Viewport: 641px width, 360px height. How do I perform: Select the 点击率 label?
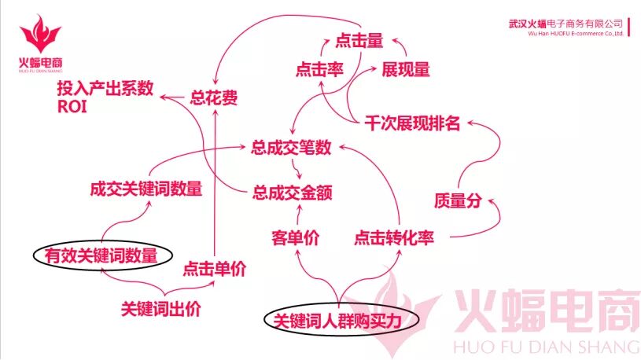[321, 70]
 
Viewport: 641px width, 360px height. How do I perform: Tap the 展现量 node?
[406, 70]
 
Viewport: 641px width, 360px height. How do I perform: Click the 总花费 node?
[214, 98]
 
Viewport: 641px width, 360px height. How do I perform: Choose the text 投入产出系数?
[105, 89]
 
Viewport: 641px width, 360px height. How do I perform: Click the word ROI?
[71, 108]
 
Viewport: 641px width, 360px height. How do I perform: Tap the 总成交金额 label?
[290, 190]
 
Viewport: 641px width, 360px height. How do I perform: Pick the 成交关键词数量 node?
[146, 189]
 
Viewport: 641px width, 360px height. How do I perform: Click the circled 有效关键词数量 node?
[100, 255]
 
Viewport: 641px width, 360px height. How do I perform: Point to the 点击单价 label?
[215, 269]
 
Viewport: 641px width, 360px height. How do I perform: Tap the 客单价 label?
[295, 238]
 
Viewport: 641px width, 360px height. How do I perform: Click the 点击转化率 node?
[394, 238]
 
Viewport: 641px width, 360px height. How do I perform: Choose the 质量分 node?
[457, 200]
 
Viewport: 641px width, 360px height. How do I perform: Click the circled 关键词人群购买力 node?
[337, 321]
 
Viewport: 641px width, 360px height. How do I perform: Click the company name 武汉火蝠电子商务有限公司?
[565, 24]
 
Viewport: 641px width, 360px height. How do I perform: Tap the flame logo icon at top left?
[41, 34]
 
